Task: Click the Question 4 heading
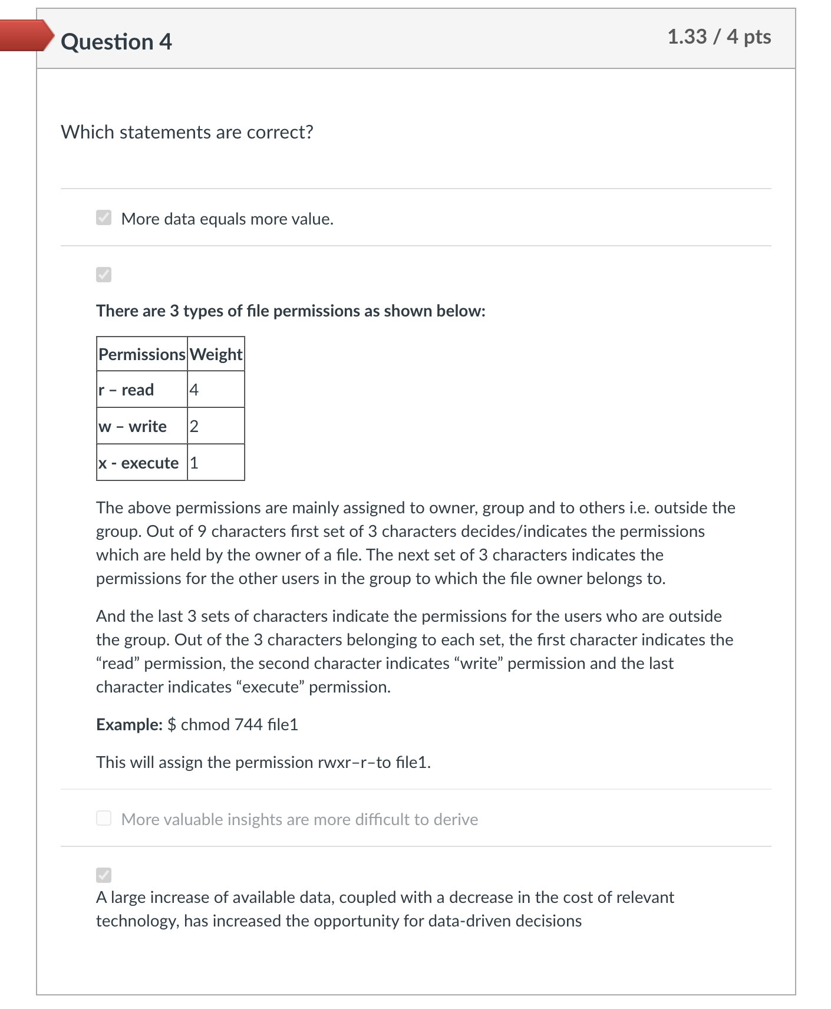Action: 116,42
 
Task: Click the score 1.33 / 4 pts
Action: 718,37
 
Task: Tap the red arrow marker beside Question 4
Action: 26,35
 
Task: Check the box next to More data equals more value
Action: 104,217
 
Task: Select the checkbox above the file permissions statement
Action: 104,275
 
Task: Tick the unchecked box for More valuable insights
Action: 104,818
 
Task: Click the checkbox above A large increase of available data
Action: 104,875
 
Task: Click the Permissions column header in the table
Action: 141,354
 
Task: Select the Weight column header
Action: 216,354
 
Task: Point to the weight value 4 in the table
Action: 194,390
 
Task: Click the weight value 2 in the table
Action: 194,426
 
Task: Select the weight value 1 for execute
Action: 194,463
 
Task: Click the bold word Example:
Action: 129,724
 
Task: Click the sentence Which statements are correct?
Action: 187,132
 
